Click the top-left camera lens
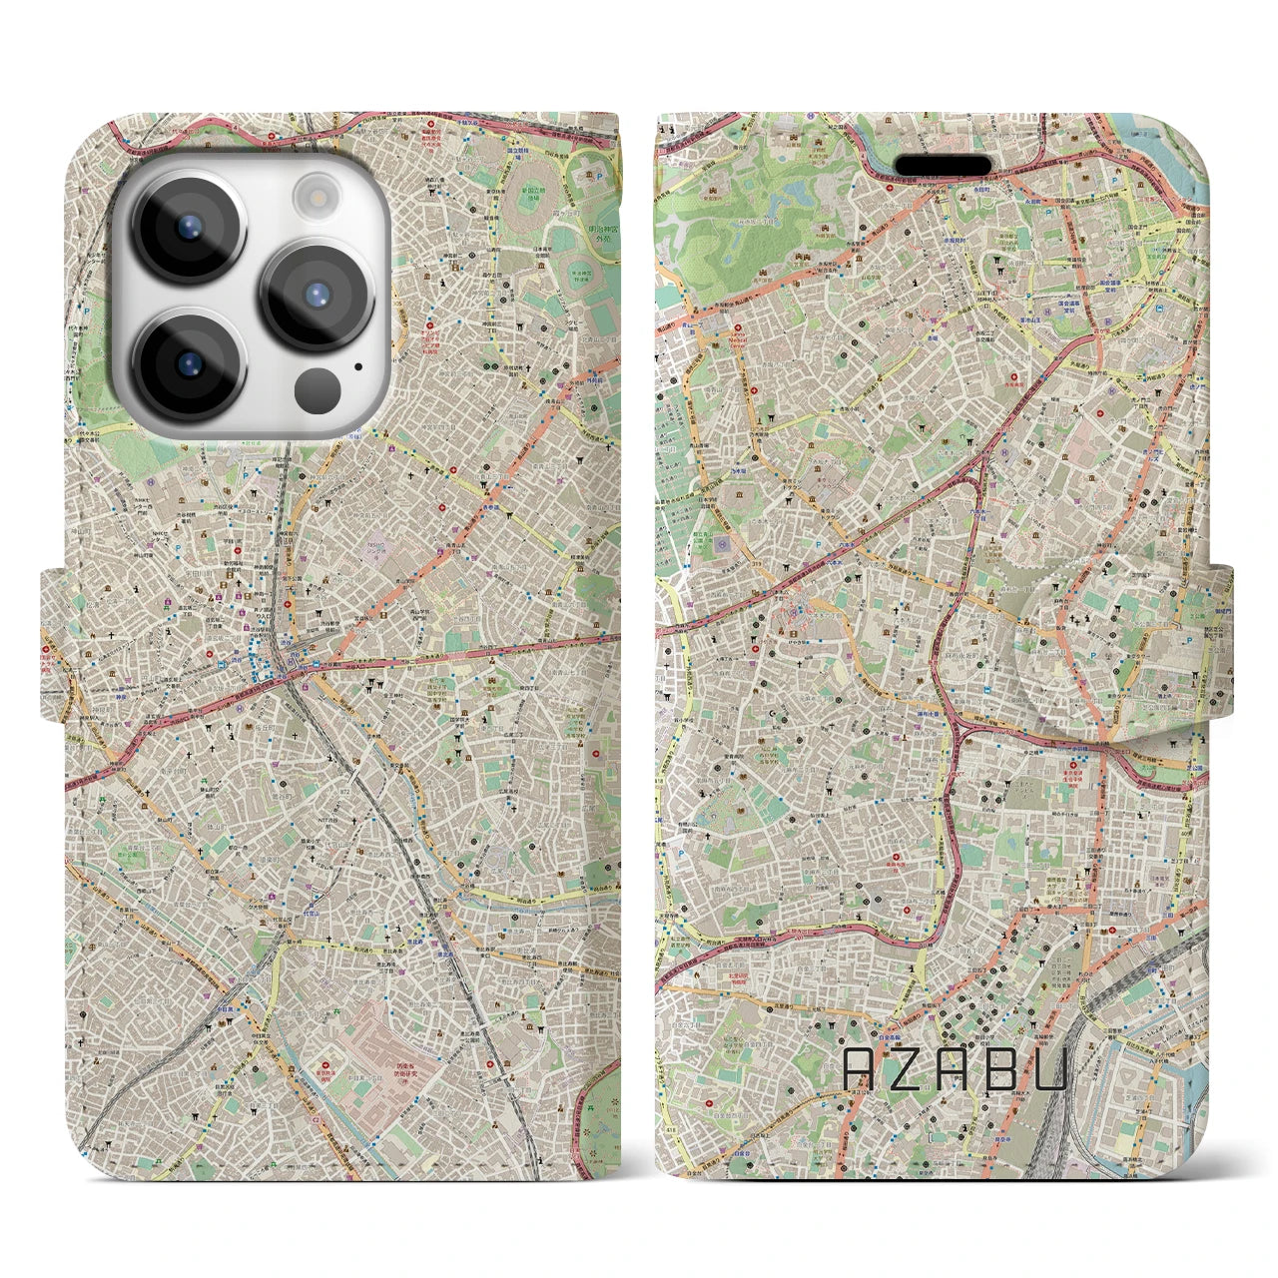(188, 226)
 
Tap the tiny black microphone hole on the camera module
(357, 365)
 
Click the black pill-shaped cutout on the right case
(943, 165)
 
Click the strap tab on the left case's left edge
(52, 644)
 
